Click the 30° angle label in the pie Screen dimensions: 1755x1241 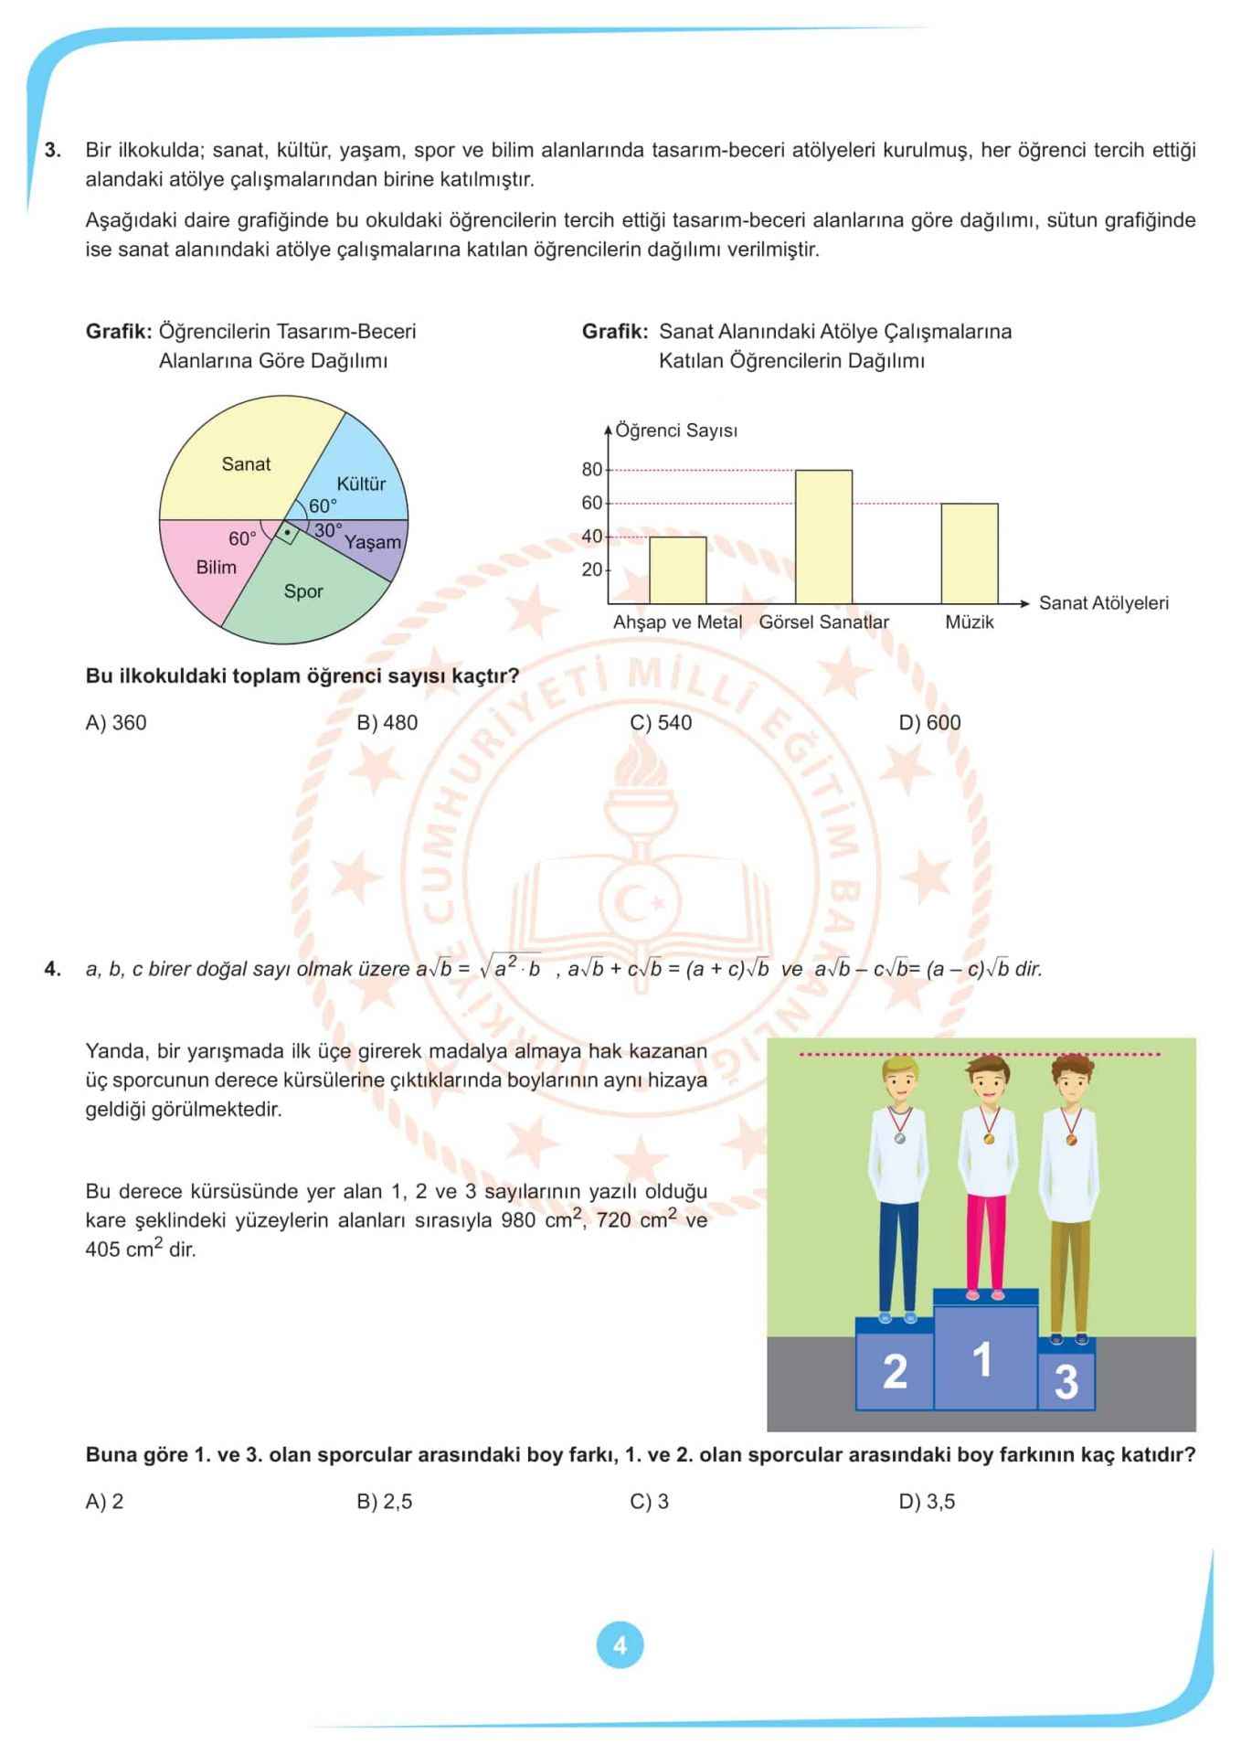[327, 530]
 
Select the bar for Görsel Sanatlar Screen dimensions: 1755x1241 [823, 537]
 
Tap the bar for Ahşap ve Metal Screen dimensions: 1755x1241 [677, 569]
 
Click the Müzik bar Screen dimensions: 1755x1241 [969, 553]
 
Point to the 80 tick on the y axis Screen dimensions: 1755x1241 [591, 470]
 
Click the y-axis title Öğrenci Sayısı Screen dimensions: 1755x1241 [675, 431]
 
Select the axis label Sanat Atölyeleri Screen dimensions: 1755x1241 [1103, 603]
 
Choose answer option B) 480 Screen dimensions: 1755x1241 [387, 723]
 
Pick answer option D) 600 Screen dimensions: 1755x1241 [929, 723]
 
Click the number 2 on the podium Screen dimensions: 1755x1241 [895, 1371]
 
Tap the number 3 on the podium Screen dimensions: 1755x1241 [1066, 1381]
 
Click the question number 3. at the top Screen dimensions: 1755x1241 [53, 150]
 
